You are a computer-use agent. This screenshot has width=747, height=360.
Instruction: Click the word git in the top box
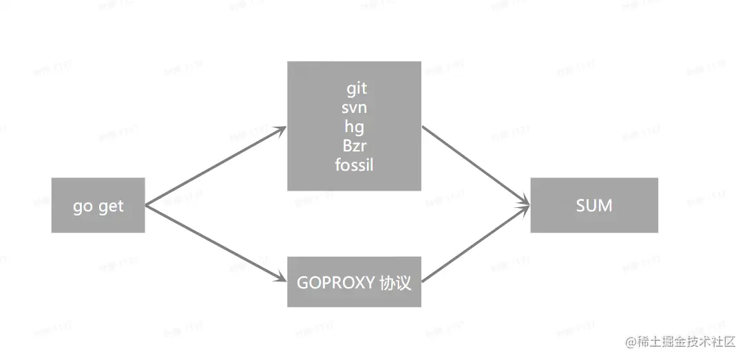tap(357, 89)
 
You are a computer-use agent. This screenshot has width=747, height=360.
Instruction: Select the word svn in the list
tap(354, 108)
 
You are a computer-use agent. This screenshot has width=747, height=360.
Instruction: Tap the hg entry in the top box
tap(354, 127)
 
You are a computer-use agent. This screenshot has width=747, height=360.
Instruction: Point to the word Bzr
tap(354, 146)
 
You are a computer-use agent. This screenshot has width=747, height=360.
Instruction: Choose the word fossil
tap(354, 165)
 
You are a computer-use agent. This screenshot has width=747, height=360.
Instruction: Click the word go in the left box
tap(83, 207)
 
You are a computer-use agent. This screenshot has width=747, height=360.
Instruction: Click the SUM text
tap(593, 205)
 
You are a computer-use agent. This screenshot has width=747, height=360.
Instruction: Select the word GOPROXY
tap(336, 282)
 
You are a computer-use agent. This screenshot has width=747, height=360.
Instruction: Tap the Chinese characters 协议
tap(395, 282)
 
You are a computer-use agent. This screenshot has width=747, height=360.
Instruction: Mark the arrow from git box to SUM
tap(475, 165)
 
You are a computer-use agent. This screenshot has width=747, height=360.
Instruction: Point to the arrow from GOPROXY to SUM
tap(475, 242)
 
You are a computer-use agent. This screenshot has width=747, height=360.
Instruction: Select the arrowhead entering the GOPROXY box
tap(281, 277)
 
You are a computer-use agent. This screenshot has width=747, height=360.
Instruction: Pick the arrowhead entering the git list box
tap(281, 129)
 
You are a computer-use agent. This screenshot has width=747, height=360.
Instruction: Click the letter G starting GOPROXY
tap(302, 282)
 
